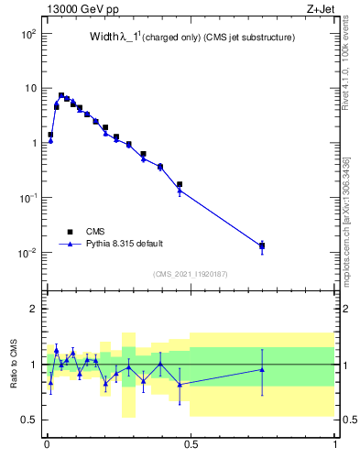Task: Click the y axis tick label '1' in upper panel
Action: pos(35,143)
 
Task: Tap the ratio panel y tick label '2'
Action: pos(35,309)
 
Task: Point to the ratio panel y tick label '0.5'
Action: pos(31,420)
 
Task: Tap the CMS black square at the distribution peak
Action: pos(61,95)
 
